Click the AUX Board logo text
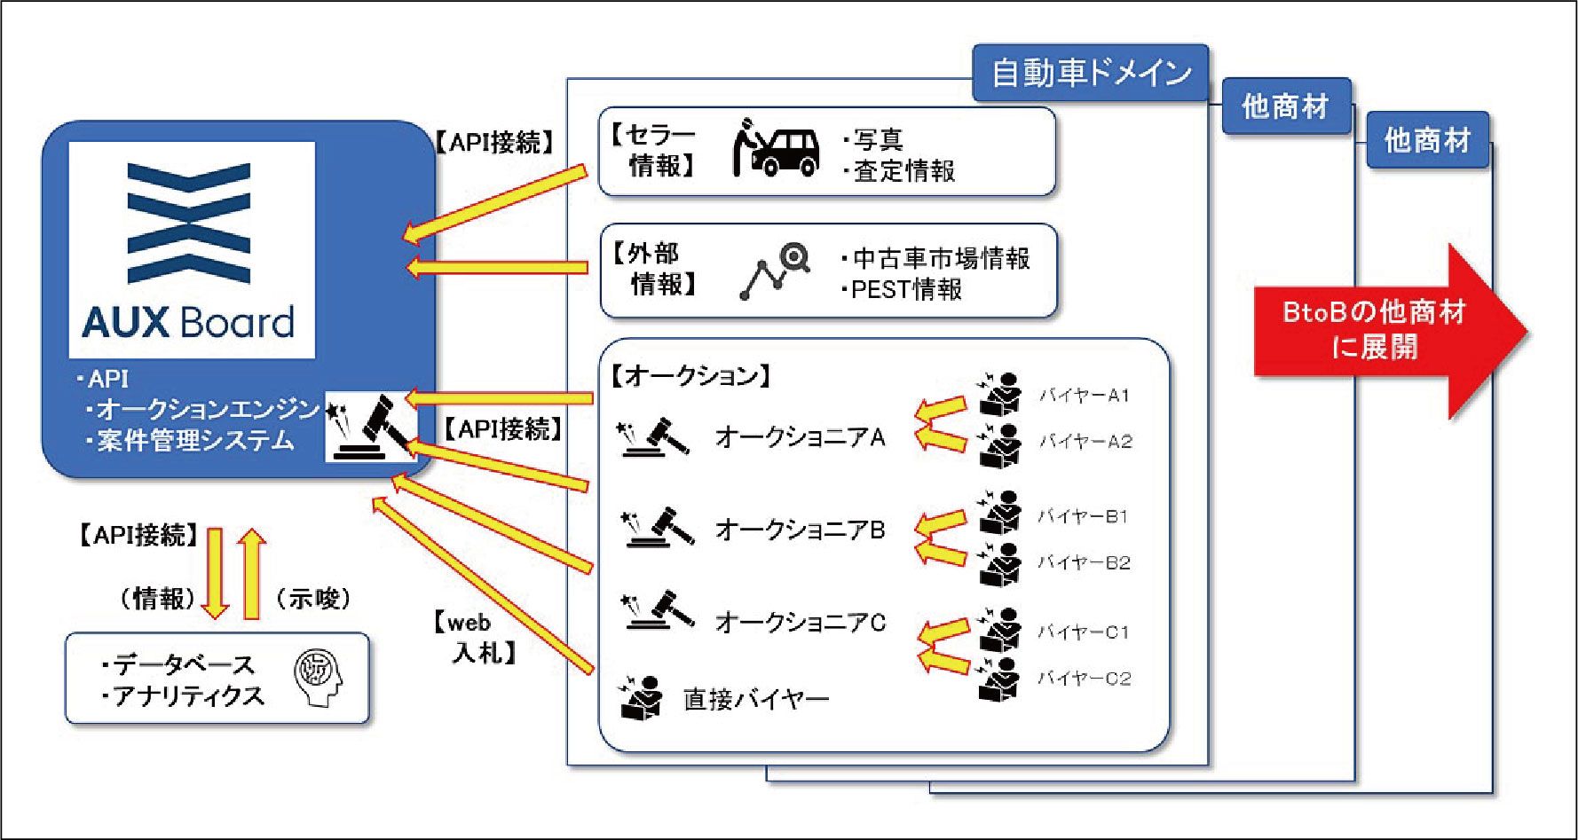[x=188, y=322]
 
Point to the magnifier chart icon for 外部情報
[x=775, y=271]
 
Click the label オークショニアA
[x=800, y=437]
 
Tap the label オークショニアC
[x=800, y=623]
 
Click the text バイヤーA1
[x=1084, y=396]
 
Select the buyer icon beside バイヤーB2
[x=1000, y=563]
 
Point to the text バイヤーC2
[x=1084, y=679]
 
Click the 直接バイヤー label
[x=756, y=700]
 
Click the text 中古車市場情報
[x=941, y=259]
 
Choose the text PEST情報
[x=905, y=290]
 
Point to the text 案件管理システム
[x=195, y=441]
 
